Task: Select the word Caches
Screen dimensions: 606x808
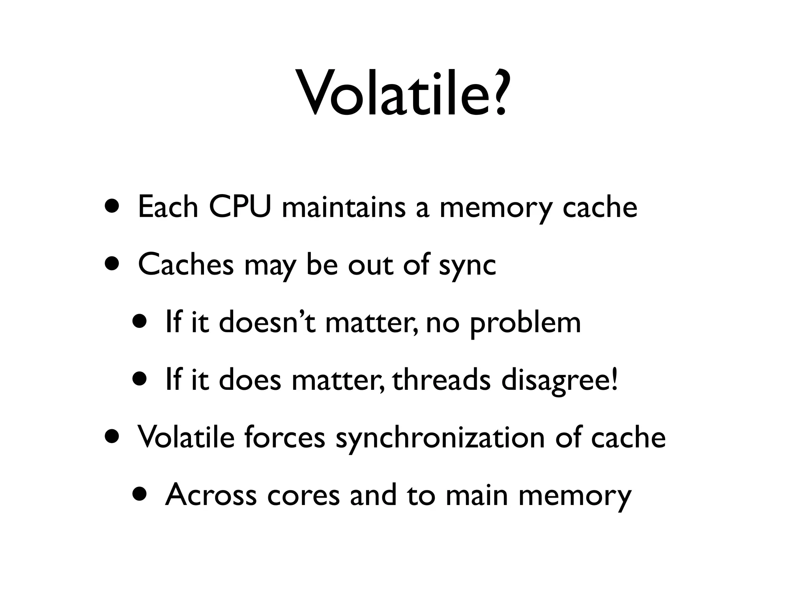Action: coord(186,264)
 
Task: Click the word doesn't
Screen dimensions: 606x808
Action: coord(267,322)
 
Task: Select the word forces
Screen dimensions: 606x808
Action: coord(284,437)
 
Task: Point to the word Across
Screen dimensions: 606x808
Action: coord(211,495)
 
